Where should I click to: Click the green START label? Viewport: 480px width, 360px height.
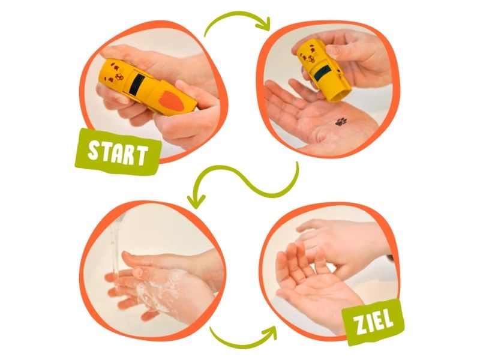[x=118, y=152]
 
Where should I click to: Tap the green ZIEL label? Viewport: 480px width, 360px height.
[x=373, y=322]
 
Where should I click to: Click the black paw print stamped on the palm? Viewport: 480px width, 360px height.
[x=341, y=122]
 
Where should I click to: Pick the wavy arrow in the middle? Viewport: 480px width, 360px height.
[x=245, y=181]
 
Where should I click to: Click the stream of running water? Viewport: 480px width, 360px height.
[x=115, y=248]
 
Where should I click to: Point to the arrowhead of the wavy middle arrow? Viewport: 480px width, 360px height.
[x=196, y=200]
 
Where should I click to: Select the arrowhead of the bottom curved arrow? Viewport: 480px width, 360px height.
[x=269, y=332]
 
